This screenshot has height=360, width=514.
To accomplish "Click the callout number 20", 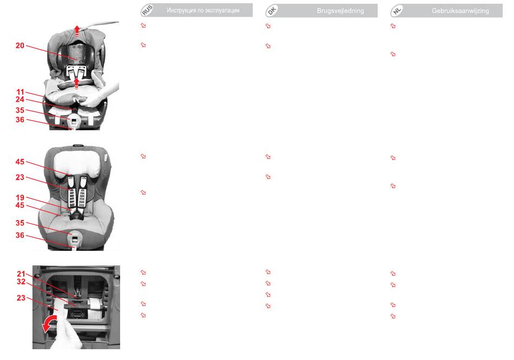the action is (x=20, y=45).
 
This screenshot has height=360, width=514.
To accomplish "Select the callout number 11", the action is (x=21, y=92).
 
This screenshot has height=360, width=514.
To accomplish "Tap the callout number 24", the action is (x=20, y=99).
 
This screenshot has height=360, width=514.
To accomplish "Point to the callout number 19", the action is (x=20, y=197).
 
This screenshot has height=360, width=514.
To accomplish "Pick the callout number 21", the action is (x=21, y=274).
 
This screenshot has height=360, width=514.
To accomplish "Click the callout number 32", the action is (x=21, y=282).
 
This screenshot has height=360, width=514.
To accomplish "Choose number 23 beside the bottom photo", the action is (x=21, y=298).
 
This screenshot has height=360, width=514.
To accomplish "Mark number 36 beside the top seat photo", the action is (x=20, y=119).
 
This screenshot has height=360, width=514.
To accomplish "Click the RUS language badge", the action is (x=147, y=10).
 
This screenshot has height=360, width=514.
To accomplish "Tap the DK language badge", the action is (x=272, y=11).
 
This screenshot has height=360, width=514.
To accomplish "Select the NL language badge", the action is (x=397, y=11).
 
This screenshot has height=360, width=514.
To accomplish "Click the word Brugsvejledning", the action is (x=340, y=11).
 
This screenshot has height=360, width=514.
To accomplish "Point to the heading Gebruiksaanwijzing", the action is (x=460, y=11).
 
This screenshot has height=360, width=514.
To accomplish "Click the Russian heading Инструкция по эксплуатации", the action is (x=203, y=10).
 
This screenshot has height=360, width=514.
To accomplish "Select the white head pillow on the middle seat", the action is (x=77, y=164).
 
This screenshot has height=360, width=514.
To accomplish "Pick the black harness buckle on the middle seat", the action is (x=77, y=215).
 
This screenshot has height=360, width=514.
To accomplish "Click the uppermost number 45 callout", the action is (x=20, y=162).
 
